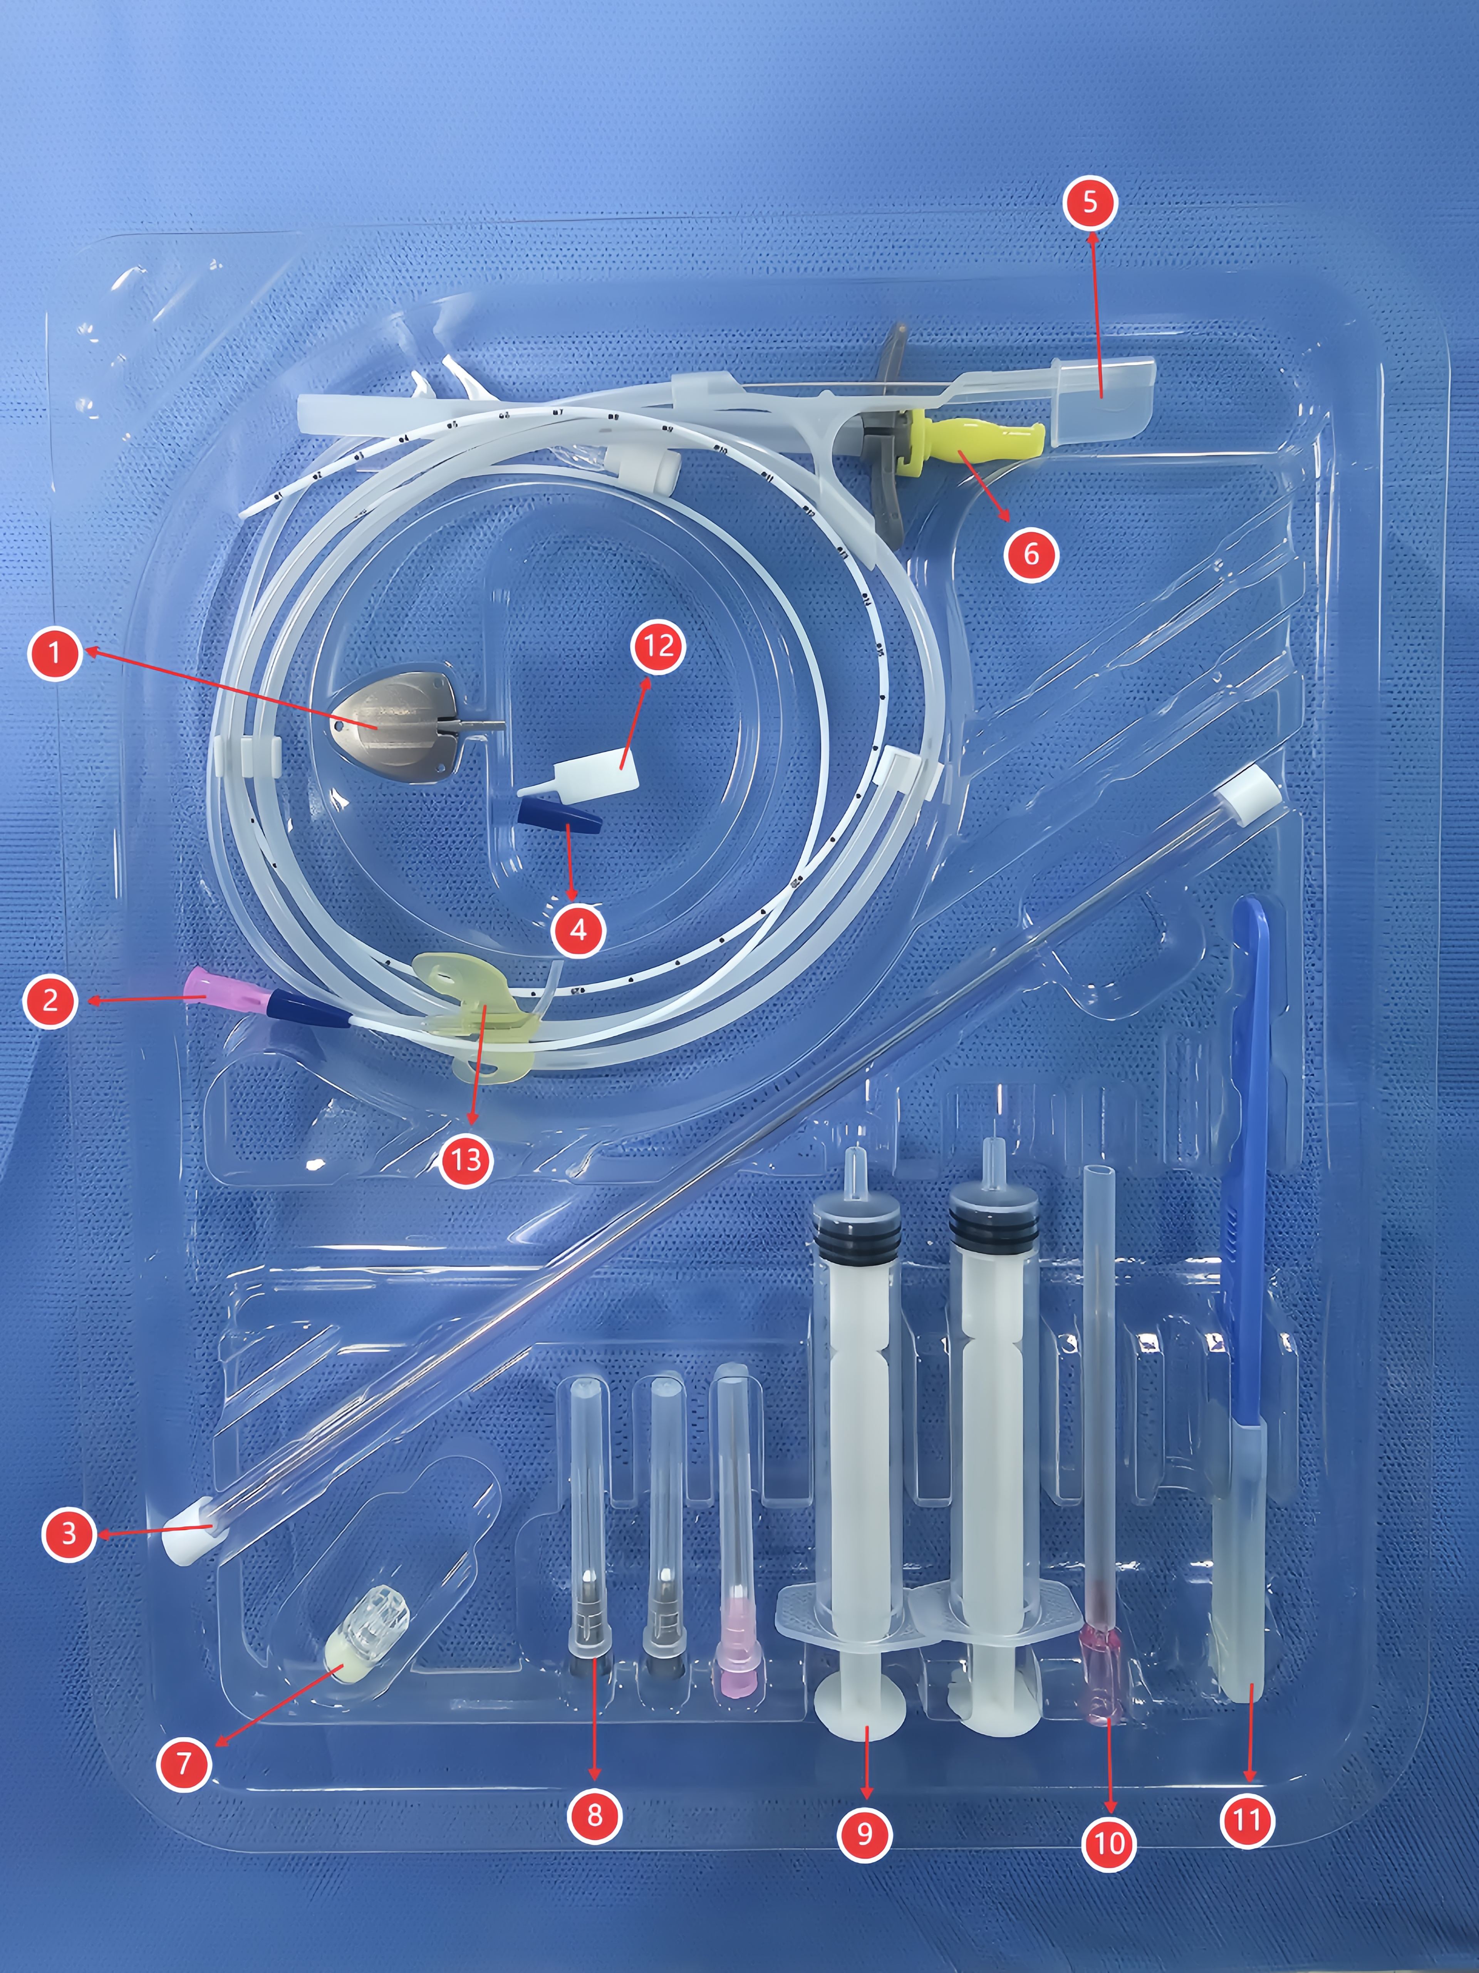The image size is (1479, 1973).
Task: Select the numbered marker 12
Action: coord(658,646)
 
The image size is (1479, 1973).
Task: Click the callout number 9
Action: coord(864,1833)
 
